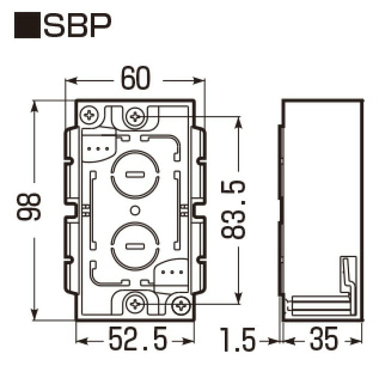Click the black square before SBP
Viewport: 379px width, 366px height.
click(27, 25)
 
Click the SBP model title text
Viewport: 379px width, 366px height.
click(77, 25)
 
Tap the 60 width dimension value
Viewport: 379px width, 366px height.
click(135, 78)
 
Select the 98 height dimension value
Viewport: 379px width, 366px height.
click(28, 207)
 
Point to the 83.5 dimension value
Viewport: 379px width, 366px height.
click(233, 209)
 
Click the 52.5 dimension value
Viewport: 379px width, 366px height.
click(138, 339)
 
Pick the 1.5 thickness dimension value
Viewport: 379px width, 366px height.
click(238, 339)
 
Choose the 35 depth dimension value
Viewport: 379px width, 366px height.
click(324, 339)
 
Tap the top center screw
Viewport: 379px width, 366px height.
click(135, 117)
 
